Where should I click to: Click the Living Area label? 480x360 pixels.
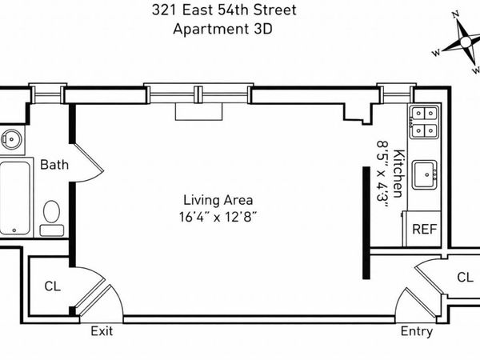tap(218, 200)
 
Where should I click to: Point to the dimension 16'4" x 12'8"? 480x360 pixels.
tap(218, 216)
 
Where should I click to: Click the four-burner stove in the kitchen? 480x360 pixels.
tap(423, 121)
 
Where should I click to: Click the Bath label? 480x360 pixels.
tap(54, 165)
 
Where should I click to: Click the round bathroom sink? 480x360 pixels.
tap(10, 138)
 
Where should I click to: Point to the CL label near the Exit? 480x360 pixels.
tap(52, 285)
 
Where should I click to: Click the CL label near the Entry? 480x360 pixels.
tap(464, 277)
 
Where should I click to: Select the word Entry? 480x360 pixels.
tap(416, 331)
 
